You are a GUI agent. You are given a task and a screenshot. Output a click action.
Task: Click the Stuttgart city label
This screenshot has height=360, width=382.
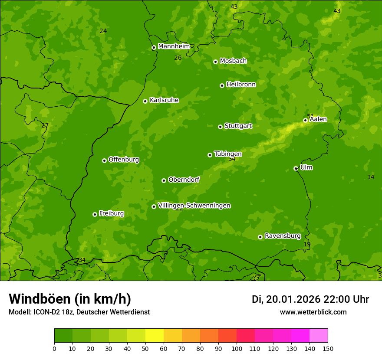point(238,126)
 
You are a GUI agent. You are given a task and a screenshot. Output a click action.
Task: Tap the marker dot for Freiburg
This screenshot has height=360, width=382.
point(95,214)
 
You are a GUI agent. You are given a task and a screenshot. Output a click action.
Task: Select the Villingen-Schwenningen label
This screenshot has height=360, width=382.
point(194,206)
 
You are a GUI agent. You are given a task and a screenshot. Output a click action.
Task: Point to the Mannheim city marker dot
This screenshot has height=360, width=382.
point(154,48)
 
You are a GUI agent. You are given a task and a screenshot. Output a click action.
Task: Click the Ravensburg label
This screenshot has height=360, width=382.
point(282,236)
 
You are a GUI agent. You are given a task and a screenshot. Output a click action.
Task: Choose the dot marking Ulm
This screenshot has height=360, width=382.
point(296,168)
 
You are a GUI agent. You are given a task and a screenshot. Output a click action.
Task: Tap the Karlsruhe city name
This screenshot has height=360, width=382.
point(164,100)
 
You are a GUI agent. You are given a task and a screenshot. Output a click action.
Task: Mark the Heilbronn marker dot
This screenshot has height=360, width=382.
point(222,85)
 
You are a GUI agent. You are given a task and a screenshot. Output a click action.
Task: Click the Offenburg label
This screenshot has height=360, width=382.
point(123,160)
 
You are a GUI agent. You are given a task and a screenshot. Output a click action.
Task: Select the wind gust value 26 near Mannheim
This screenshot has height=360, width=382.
point(178,58)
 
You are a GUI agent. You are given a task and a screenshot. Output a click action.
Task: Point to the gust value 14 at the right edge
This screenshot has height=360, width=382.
point(371,177)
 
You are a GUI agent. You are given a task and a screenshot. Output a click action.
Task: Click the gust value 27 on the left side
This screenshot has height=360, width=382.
point(45,126)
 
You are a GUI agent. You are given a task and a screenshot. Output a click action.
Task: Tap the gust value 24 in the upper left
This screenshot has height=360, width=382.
point(103,31)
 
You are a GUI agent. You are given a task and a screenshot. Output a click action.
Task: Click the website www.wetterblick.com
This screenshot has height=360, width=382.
point(313,312)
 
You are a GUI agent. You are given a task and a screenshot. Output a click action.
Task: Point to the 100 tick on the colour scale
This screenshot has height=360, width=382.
point(237,348)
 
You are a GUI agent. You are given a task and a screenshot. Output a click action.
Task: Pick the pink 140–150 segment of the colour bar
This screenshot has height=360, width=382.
point(319,336)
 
